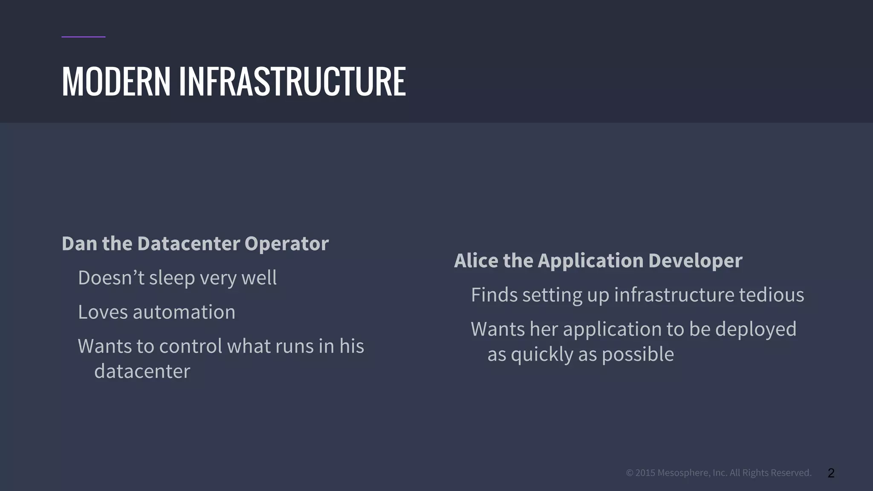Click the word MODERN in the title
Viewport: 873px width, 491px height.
pos(116,81)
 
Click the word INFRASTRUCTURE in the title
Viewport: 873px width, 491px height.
pos(292,81)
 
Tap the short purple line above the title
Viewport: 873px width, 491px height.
pos(83,37)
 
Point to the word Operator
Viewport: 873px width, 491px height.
pos(286,244)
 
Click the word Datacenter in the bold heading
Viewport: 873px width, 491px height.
pos(188,244)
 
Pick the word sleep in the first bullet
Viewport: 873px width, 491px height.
pos(172,278)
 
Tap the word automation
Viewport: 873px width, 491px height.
pos(184,312)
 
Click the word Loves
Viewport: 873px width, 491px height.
pos(103,312)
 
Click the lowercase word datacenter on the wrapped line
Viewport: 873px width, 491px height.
pos(142,371)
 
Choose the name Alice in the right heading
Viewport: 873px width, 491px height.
pos(476,260)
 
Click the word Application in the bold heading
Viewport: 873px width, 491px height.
pos(590,260)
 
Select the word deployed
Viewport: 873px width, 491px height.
pos(755,329)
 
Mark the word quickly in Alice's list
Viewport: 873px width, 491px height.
pos(542,355)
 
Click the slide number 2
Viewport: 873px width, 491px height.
pos(831,473)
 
